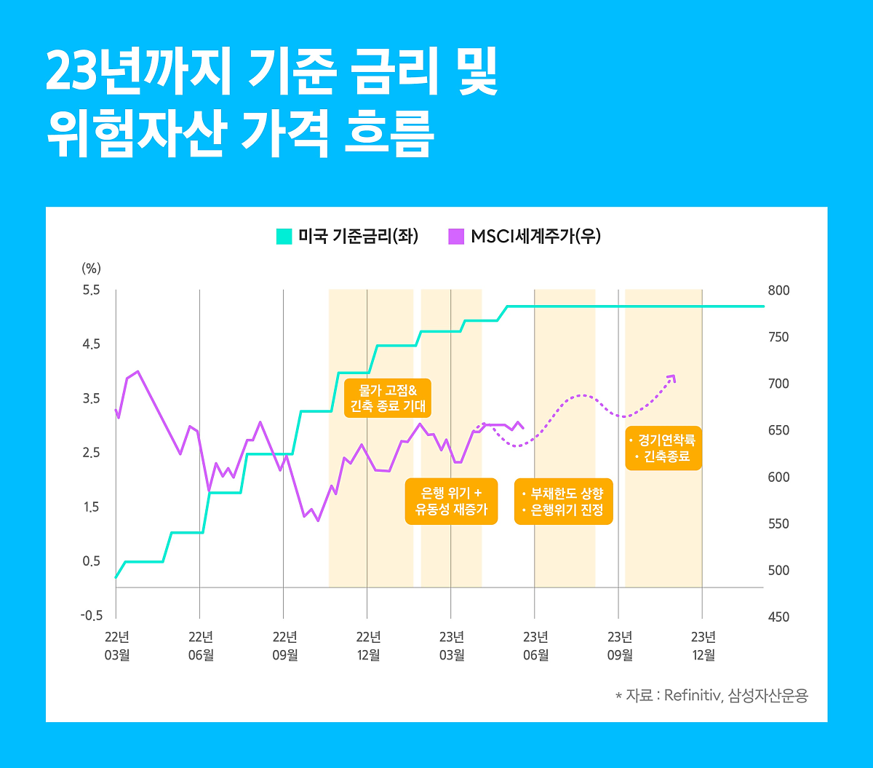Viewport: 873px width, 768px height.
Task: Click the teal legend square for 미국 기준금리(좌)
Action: [284, 237]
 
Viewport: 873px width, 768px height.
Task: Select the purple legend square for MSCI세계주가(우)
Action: [456, 237]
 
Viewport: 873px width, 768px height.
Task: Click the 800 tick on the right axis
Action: [779, 290]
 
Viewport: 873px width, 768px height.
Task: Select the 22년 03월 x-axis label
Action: [116, 645]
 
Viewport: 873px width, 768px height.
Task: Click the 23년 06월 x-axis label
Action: [535, 645]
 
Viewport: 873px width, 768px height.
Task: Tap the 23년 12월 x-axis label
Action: [703, 645]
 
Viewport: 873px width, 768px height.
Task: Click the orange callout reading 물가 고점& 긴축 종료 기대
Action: [388, 397]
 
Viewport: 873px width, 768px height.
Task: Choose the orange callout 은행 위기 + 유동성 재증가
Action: [451, 501]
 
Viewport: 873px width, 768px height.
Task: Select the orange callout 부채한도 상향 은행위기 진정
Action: [564, 501]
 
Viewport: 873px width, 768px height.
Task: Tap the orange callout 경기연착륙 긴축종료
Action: [663, 448]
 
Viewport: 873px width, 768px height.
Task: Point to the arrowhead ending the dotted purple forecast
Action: [671, 378]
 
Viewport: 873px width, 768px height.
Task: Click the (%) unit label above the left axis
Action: [92, 268]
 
